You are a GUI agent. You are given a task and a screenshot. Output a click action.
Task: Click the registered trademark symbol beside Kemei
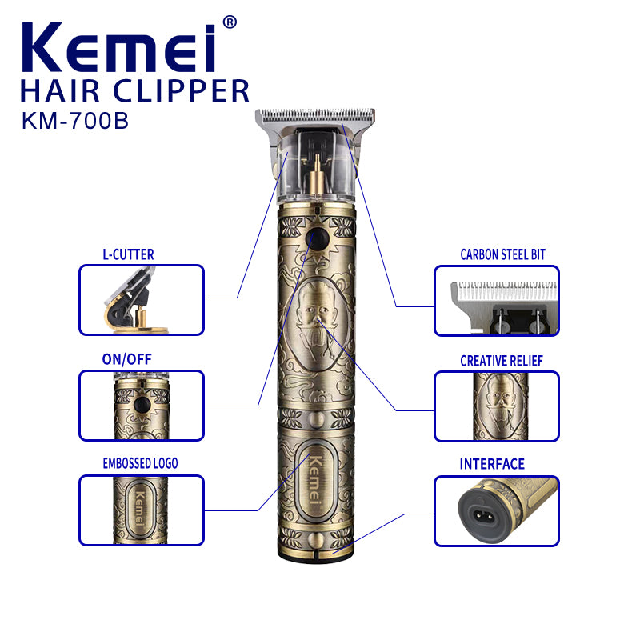click(x=229, y=22)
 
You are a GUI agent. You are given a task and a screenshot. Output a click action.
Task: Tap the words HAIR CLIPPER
click(x=134, y=90)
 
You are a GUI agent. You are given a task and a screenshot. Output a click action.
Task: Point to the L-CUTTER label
click(x=128, y=254)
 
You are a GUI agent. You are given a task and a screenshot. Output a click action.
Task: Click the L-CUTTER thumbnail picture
click(x=141, y=299)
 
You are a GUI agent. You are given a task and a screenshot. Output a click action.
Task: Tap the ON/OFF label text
click(x=126, y=359)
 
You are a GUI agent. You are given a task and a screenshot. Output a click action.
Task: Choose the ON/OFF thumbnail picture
click(x=141, y=405)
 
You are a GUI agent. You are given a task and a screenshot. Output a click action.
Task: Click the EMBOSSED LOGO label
click(x=140, y=463)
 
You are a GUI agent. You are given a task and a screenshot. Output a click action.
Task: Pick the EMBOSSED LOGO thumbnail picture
click(x=141, y=510)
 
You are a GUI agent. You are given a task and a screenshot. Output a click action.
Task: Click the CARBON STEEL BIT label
click(x=502, y=254)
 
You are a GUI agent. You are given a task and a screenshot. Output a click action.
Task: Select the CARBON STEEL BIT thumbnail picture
click(x=496, y=300)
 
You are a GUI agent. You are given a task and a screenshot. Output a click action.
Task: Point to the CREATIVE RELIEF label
click(x=501, y=361)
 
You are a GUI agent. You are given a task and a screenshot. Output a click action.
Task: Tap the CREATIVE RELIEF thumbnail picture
click(x=496, y=406)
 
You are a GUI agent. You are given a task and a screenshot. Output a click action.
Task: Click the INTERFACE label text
click(x=492, y=464)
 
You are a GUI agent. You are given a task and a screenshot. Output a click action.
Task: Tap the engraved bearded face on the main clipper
click(x=317, y=314)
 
